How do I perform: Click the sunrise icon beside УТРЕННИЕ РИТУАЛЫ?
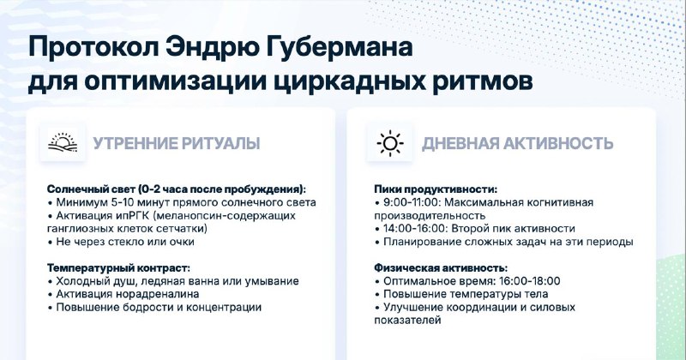pyautogui.click(x=63, y=143)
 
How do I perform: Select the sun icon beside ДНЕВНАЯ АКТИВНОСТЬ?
pyautogui.click(x=389, y=143)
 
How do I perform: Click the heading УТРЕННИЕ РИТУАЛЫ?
pyautogui.click(x=177, y=143)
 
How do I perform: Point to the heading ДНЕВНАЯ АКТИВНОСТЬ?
pyautogui.click(x=518, y=143)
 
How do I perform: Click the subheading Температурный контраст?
pyautogui.click(x=118, y=267)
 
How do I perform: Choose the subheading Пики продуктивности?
pyautogui.click(x=436, y=189)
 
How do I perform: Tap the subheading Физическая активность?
pyautogui.click(x=441, y=267)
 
